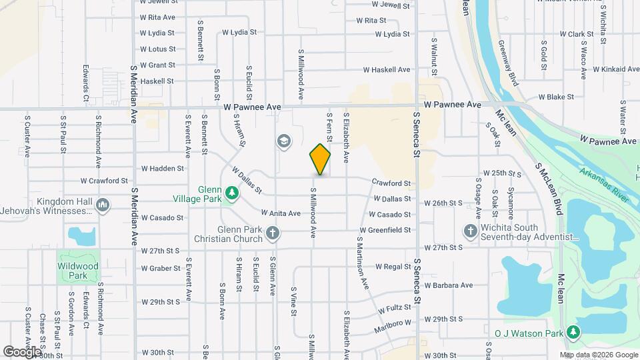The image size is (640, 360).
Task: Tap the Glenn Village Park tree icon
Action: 231,193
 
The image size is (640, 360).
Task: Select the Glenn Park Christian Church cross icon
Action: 272,233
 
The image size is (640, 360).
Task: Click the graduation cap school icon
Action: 284,141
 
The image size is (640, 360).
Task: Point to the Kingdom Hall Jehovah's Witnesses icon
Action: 103,204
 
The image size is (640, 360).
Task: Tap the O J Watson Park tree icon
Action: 573,332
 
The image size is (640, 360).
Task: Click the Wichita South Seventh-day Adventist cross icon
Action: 470,231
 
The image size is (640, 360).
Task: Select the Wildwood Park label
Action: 78,271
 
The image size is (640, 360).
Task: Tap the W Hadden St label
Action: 162,169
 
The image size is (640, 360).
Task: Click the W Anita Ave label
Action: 283,213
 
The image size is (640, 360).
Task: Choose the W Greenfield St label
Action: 385,230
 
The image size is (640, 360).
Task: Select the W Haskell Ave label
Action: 386,69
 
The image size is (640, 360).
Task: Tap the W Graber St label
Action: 161,269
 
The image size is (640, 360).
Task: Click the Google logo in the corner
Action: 22,351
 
